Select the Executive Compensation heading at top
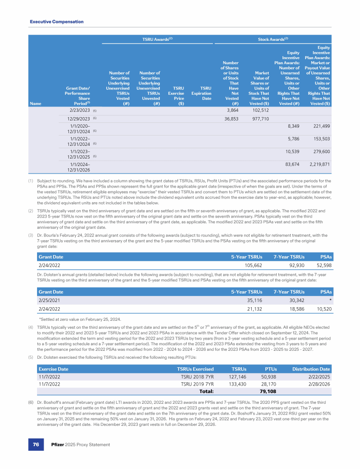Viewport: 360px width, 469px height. (57, 22)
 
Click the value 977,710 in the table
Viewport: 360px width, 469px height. (259, 119)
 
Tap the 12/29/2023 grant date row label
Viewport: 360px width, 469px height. (76, 119)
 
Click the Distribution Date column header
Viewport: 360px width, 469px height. (311, 369)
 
